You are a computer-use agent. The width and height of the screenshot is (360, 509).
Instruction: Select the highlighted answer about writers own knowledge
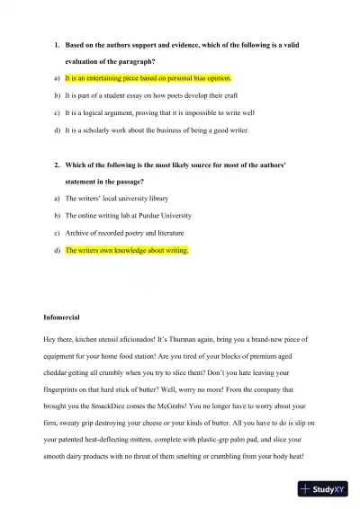(x=127, y=250)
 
